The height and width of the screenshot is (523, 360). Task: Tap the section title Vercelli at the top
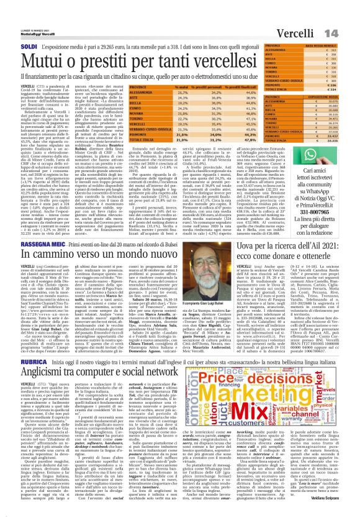(x=313, y=13)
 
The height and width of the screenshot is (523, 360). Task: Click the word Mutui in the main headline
(x=38, y=42)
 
